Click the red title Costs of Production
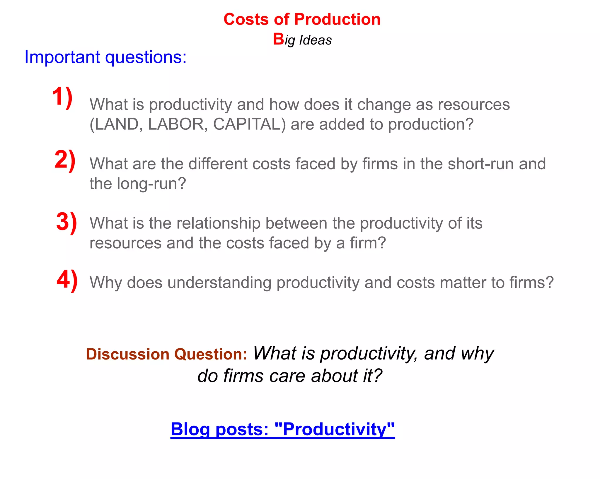[x=302, y=19]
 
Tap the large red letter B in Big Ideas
[x=278, y=39]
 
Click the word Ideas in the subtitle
[x=315, y=40]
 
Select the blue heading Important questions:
[x=105, y=57]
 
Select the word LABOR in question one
[x=176, y=124]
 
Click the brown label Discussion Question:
[x=166, y=354]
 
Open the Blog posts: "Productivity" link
[x=282, y=429]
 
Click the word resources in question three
[x=125, y=243]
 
